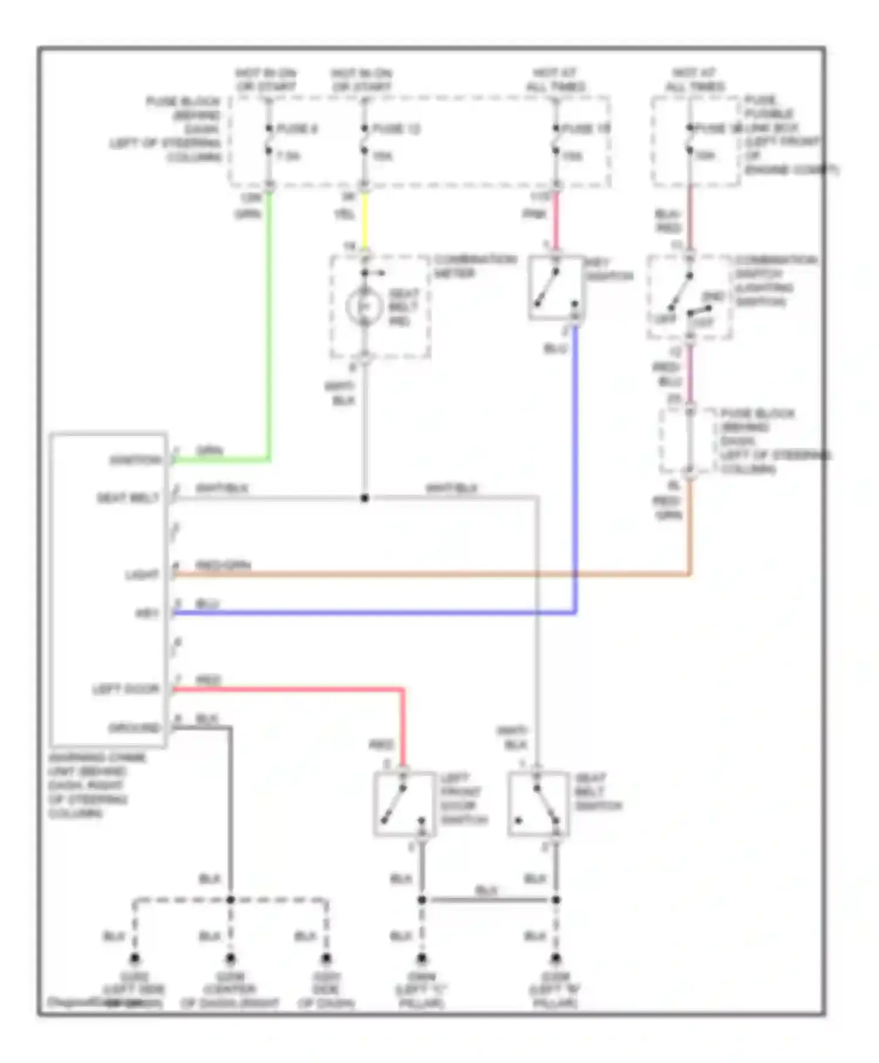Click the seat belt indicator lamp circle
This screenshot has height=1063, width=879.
click(363, 306)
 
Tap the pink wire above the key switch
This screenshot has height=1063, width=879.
click(556, 220)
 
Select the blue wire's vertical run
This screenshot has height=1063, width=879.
click(575, 469)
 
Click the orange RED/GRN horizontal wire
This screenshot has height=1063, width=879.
click(434, 575)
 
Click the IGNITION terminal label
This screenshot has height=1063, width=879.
click(135, 461)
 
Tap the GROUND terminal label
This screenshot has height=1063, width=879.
click(134, 728)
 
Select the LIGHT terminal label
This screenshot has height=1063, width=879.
click(142, 575)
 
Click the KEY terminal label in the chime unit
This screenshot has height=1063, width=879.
click(147, 614)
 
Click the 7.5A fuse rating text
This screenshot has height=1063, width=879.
click(288, 156)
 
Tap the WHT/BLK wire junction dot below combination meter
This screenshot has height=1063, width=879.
click(364, 498)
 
